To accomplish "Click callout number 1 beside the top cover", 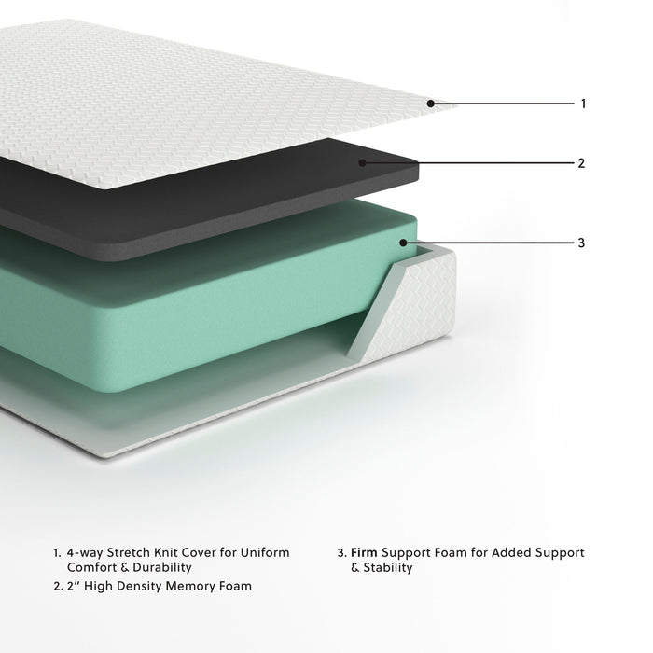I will coord(583,104).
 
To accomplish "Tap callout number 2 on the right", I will coord(581,162).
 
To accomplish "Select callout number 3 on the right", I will coord(581,243).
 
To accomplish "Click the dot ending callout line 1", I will coord(431,104).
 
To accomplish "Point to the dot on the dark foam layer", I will coord(364,162).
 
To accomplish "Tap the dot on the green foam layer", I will coord(404,243).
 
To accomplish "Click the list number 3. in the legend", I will coord(341,553).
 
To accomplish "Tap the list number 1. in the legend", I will coord(57,553).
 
